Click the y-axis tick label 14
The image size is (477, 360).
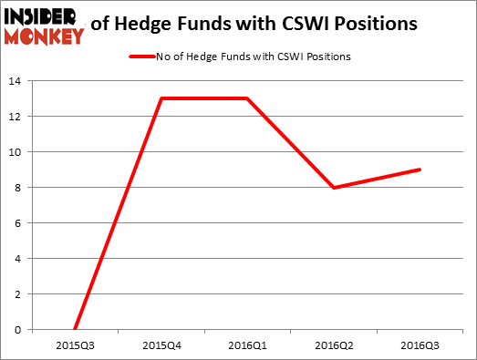click(16, 81)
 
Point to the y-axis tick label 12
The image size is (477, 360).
click(16, 117)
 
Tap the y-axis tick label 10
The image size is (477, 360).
click(16, 152)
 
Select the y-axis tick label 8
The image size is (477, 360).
click(18, 188)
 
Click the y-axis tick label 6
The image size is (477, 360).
click(18, 223)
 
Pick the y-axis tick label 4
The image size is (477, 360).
click(18, 259)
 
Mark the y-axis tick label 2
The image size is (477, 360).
click(18, 294)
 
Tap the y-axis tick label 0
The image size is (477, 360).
click(18, 330)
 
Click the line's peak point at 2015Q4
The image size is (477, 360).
click(161, 98)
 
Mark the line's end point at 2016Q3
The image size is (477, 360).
click(420, 170)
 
